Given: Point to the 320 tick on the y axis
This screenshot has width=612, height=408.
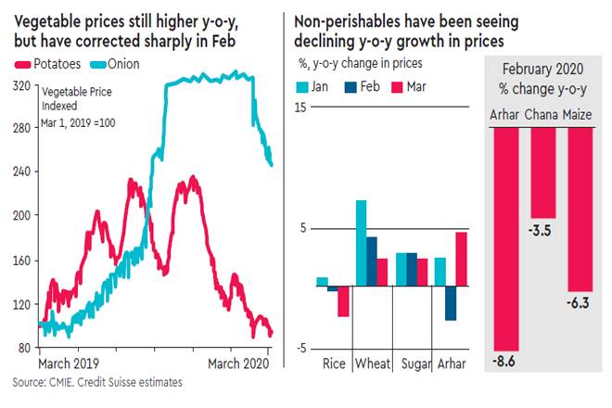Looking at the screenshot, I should pyautogui.click(x=19, y=85).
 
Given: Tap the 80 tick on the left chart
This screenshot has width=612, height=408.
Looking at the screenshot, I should pyautogui.click(x=22, y=348).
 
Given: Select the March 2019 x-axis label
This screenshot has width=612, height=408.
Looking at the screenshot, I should pyautogui.click(x=68, y=363).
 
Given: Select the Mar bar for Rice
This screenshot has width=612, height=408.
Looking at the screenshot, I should pyautogui.click(x=342, y=302).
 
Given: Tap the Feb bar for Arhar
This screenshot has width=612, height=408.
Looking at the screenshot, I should pyautogui.click(x=451, y=304).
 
